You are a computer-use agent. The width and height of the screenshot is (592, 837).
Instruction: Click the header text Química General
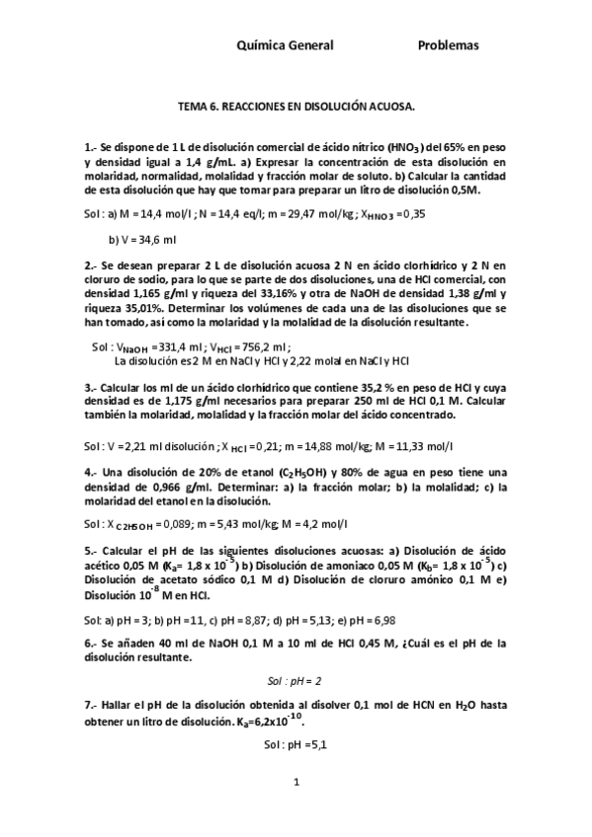[x=287, y=45]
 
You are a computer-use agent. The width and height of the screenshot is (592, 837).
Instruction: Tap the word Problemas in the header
[x=448, y=45]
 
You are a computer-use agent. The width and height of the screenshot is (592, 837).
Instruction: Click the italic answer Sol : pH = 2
[x=295, y=681]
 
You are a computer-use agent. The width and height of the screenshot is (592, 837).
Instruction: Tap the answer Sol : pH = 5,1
[x=295, y=747]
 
